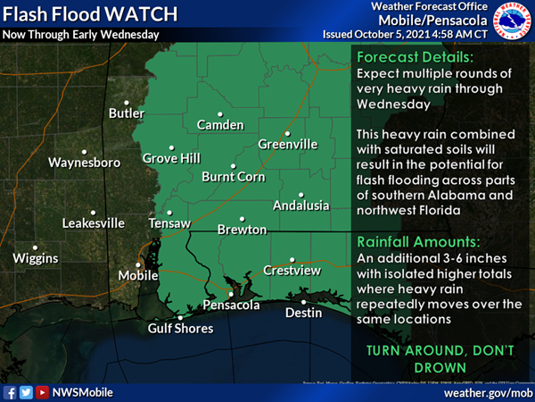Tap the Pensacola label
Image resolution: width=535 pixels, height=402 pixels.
(232, 306)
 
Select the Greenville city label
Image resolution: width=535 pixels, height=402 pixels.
(288, 144)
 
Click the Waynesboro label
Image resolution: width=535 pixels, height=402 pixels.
(84, 163)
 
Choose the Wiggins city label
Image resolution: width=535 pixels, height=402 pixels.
(36, 258)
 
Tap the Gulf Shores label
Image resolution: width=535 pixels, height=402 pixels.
(181, 328)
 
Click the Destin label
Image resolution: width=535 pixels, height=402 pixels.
(303, 313)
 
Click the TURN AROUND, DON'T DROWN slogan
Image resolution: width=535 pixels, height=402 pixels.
(434, 358)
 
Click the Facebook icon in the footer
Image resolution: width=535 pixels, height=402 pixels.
(10, 391)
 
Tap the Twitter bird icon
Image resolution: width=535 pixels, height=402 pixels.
(26, 391)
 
